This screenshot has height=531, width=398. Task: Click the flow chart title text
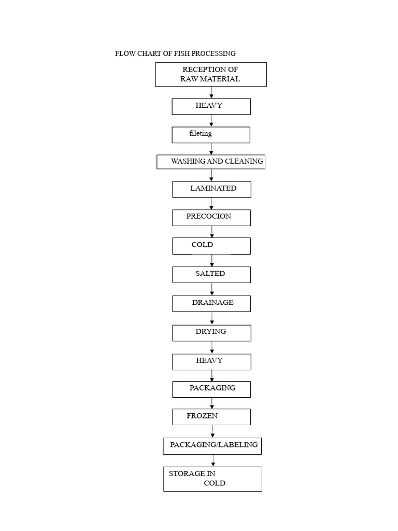coord(175,53)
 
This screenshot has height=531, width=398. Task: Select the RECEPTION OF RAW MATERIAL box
coord(210,75)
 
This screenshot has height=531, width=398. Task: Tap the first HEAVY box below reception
coord(211,106)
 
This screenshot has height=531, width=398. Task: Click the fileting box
coord(211,135)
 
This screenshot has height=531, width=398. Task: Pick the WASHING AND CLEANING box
coord(211,162)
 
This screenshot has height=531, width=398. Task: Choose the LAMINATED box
coord(211,189)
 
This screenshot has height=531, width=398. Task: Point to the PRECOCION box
coord(211,218)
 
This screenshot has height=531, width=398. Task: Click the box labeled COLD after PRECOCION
coord(211,246)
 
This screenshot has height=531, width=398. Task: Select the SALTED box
coord(211,274)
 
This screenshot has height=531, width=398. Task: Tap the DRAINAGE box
coord(211,303)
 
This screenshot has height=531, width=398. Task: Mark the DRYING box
coord(211,333)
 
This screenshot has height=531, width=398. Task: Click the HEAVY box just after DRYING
coord(211,362)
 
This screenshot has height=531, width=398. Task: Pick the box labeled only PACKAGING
coord(211,389)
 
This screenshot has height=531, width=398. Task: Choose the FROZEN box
coord(211,417)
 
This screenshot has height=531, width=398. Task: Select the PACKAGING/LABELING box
coord(212,446)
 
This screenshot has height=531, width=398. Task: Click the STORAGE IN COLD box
coord(212,479)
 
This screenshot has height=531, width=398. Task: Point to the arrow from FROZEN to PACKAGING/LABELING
coord(212,431)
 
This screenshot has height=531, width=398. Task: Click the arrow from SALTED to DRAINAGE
coord(211,289)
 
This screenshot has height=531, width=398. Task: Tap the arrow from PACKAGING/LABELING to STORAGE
coord(213,460)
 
